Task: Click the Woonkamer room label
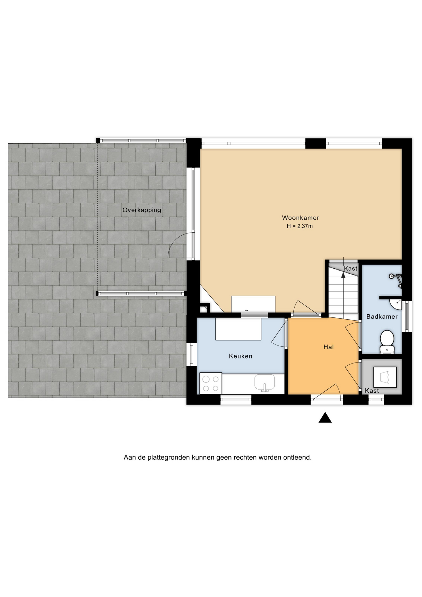point(300,218)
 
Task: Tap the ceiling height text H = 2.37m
point(300,226)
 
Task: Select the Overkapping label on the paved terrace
point(142,210)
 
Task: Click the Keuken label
point(241,356)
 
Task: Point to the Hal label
point(328,347)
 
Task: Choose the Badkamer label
point(382,317)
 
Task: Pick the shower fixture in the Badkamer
point(396,279)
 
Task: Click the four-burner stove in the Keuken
point(211,383)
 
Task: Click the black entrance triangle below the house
point(325,418)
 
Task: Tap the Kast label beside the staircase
point(351,269)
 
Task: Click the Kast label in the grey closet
point(372,391)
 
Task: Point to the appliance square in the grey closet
point(385,377)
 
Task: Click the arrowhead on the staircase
point(343,275)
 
